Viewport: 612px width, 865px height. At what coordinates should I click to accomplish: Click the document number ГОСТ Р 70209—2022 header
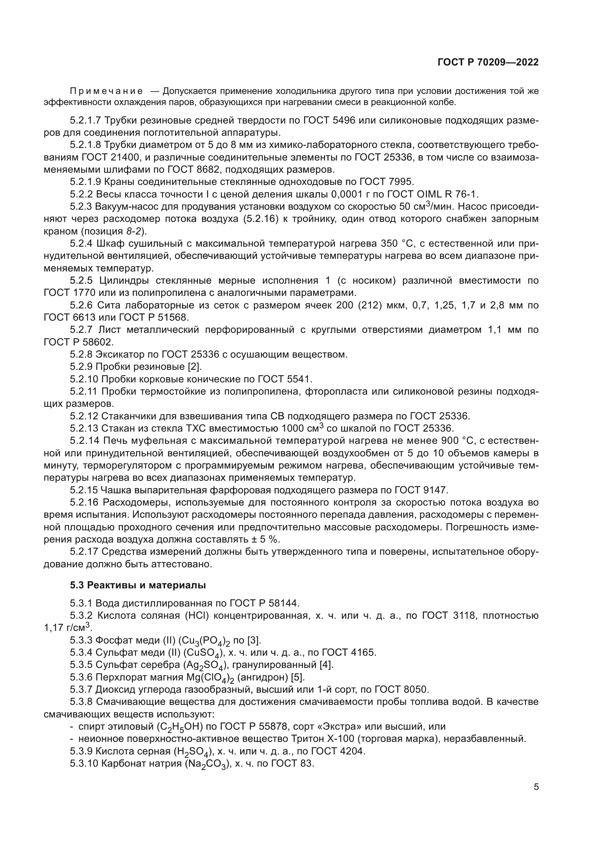(x=488, y=62)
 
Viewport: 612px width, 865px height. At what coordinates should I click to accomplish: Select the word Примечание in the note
(x=106, y=91)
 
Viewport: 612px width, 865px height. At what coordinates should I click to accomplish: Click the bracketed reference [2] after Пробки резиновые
(x=195, y=366)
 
